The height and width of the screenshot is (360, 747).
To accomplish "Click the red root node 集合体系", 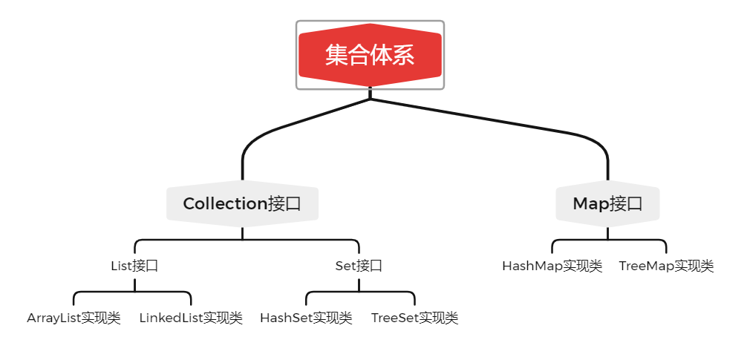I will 370,55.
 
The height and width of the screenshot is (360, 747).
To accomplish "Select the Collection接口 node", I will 242,203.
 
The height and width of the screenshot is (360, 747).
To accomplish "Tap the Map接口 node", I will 607,203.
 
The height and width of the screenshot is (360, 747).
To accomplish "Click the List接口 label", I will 134,266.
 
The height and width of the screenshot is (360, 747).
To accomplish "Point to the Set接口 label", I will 359,266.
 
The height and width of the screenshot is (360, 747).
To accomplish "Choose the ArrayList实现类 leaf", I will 74,318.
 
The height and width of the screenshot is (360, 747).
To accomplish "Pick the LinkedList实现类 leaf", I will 191,318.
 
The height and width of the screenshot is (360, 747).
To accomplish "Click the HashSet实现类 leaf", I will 306,318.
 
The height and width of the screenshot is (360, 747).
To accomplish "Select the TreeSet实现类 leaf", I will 414,318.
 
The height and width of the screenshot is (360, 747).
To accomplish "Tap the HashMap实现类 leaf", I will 552,266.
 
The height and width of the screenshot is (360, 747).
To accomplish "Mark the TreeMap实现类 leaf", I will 666,266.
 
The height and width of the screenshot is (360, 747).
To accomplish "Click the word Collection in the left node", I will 224,203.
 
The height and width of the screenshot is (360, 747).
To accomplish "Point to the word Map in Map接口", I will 590,203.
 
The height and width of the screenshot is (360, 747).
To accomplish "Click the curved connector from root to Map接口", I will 520,125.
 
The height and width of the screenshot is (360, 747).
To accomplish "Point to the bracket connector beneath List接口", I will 133,292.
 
